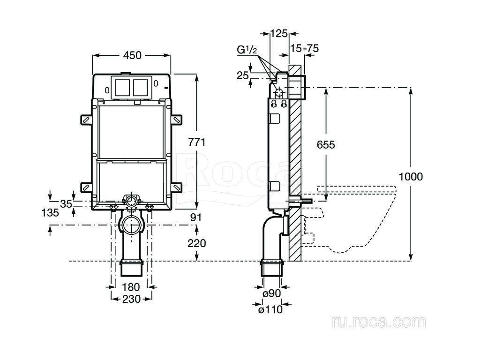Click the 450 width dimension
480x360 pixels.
click(x=132, y=55)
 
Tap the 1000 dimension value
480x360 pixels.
click(x=411, y=177)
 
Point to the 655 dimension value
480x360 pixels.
click(x=325, y=145)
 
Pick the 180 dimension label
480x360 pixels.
click(x=131, y=286)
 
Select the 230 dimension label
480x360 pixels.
click(x=131, y=299)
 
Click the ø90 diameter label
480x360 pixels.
click(x=271, y=294)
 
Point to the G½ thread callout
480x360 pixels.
click(x=247, y=49)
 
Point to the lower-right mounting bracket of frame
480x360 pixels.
click(x=177, y=187)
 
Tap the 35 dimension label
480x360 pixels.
click(x=66, y=203)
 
